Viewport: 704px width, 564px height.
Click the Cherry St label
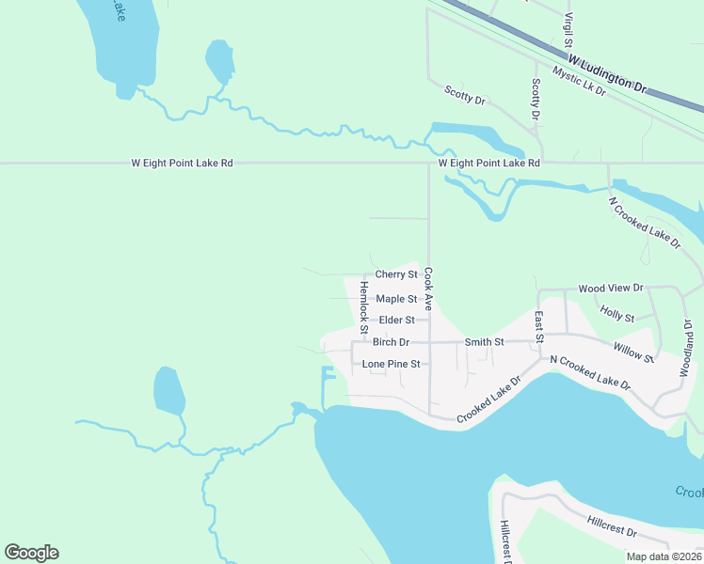coord(396,274)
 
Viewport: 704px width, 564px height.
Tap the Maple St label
coord(396,299)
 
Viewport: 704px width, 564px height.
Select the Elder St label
coord(396,321)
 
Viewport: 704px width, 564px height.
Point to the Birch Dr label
coord(391,342)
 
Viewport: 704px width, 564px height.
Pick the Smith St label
coord(485,342)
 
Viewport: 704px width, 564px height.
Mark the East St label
coord(539,327)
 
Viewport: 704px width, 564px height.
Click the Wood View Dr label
coord(610,288)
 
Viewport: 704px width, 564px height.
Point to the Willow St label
coord(634,352)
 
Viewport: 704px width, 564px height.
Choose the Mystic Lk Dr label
coord(580,85)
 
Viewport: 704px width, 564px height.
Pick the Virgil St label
coord(568,30)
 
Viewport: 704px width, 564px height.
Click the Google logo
coord(31,553)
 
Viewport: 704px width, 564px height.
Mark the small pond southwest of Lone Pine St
coord(168,391)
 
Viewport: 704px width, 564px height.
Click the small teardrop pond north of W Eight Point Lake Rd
coord(219,62)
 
